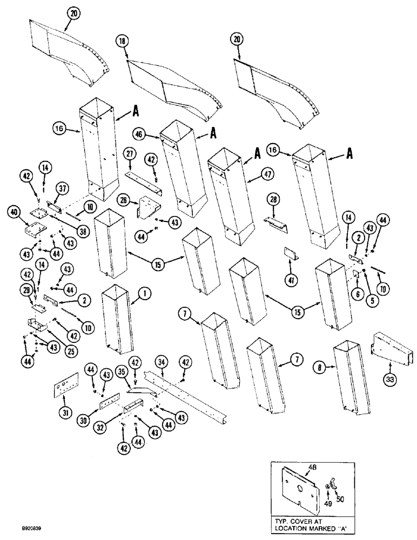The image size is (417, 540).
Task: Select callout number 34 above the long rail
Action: [x=160, y=360]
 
